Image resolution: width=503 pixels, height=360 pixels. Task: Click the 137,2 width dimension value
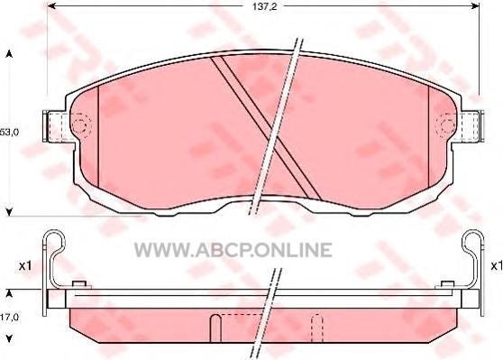tap(264, 6)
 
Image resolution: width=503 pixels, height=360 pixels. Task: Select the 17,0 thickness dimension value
tap(9, 318)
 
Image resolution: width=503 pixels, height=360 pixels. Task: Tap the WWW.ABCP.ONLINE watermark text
tap(233, 250)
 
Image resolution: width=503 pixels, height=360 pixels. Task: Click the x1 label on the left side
tap(25, 265)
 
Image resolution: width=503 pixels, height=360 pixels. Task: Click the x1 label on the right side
tap(497, 265)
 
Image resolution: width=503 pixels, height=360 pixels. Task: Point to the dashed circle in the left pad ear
tap(81, 125)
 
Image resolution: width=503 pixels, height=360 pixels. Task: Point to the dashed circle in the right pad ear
tap(446, 125)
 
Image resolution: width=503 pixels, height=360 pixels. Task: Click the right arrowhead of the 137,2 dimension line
tap(475, 6)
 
